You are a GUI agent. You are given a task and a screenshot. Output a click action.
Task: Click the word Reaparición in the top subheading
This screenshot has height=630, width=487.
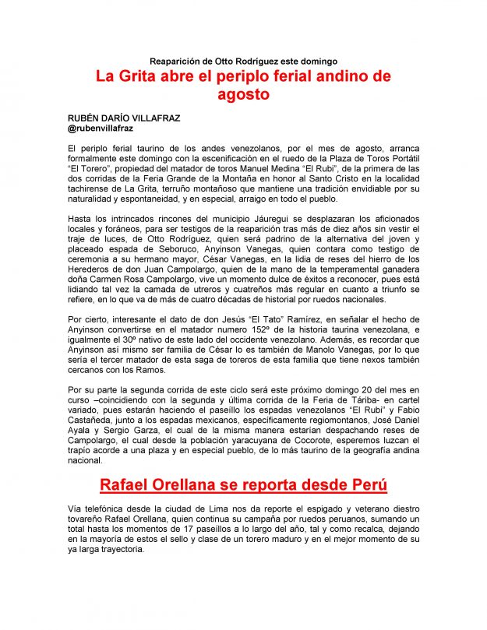point(177,61)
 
